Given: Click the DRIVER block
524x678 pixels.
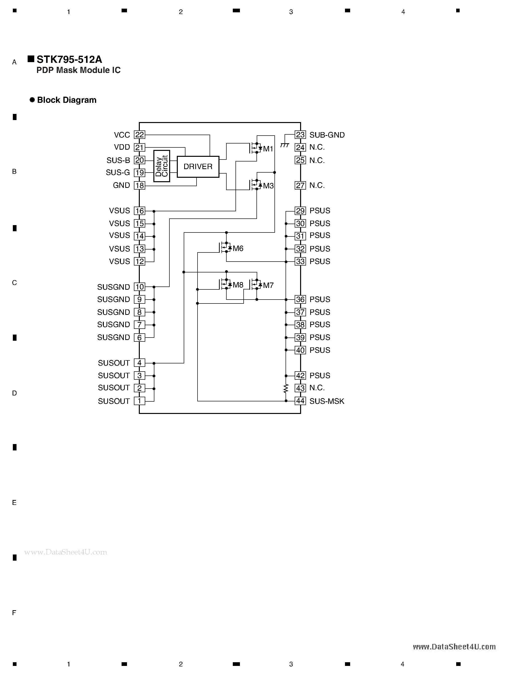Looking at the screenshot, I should coord(198,167).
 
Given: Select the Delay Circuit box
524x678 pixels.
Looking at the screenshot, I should coord(162,166).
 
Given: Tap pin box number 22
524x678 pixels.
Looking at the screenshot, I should coord(139,135).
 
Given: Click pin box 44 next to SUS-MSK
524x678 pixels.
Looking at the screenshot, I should coord(300,401).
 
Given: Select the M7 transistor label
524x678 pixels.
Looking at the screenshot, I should coord(268,285).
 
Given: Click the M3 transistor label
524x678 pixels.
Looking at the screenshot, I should coord(268,186).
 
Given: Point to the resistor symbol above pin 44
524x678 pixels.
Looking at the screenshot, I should coord(286,388).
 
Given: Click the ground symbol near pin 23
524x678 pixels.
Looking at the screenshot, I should coord(284,145).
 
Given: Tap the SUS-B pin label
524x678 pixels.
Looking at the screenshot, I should coord(118,161).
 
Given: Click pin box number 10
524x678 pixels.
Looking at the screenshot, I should coord(139,287).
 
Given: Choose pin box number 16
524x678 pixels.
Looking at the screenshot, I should coord(139,211).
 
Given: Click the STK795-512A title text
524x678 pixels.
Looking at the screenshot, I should coord(69,59).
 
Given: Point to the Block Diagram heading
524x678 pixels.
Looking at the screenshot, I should coord(67,100).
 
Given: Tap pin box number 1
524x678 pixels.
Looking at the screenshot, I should coord(139,401).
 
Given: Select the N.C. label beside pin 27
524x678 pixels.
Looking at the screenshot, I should coord(317,185).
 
